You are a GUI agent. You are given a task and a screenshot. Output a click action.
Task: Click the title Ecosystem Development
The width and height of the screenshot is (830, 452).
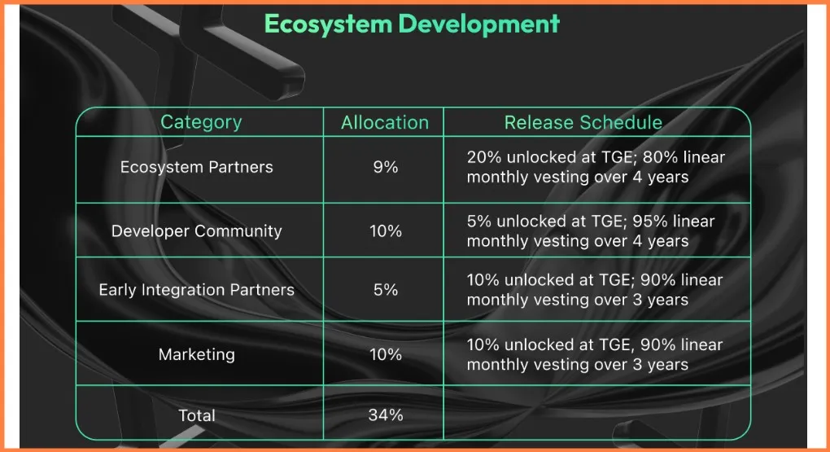[x=412, y=24]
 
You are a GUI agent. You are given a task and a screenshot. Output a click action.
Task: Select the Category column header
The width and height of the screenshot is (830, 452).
[x=201, y=122]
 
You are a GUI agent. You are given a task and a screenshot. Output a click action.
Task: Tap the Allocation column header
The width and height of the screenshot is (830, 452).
[x=385, y=123]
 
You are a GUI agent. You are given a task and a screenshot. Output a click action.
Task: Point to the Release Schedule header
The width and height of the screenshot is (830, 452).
[x=583, y=123]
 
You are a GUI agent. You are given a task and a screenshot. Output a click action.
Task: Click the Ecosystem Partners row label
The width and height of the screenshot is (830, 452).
[x=196, y=168]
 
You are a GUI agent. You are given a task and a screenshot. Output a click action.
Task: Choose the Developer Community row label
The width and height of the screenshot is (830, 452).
[x=196, y=231]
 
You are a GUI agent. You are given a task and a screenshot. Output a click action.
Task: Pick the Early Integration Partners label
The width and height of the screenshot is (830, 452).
[x=196, y=290]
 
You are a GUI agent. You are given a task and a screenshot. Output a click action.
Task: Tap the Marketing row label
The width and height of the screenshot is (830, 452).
[x=196, y=354]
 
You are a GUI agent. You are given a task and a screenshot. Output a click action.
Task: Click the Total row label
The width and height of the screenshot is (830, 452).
[x=196, y=415]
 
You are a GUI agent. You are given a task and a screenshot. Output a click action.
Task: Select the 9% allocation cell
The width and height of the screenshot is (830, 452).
[x=386, y=168]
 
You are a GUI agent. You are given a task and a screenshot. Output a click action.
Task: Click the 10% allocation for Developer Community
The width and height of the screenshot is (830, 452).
[x=386, y=231]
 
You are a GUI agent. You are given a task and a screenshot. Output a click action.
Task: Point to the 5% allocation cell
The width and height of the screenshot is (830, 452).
[x=386, y=290]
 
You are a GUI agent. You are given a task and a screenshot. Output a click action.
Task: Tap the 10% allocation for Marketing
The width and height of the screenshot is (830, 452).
[x=386, y=354]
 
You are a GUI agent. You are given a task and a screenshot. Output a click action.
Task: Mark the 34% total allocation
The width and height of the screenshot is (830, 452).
[x=386, y=415]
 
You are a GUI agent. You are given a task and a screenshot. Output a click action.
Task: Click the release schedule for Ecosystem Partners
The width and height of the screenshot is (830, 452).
[x=596, y=167]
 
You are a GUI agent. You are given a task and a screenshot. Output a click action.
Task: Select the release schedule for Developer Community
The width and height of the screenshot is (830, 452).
[x=591, y=231]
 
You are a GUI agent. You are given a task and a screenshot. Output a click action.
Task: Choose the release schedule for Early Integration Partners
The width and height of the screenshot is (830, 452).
[x=595, y=290]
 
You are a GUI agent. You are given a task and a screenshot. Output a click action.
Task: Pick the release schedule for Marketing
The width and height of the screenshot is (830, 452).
[x=595, y=354]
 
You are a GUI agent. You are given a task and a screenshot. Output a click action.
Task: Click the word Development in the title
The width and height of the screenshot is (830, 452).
[x=478, y=24]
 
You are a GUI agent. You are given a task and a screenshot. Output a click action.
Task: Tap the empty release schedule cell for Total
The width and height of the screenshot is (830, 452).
[x=596, y=413]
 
